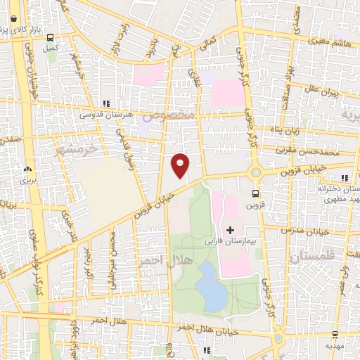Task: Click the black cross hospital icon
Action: [x=231, y=230]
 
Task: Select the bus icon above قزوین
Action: [x=255, y=195]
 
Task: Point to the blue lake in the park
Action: [x=212, y=287]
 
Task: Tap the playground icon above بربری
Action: [x=28, y=169]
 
